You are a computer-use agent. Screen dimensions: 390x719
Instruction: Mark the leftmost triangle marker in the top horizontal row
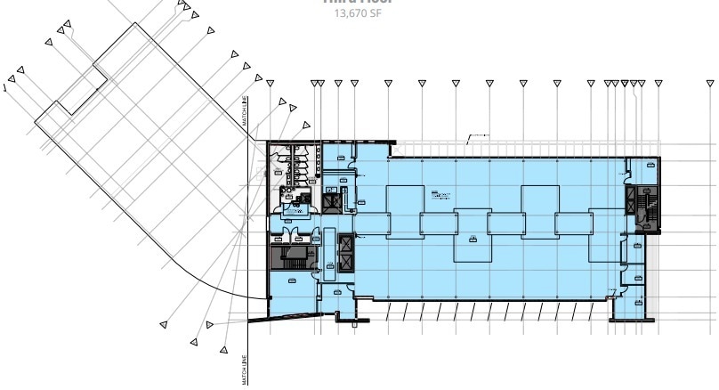pyautogui.click(x=271, y=84)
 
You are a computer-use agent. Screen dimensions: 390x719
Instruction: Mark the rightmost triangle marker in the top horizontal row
pyautogui.click(x=658, y=84)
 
